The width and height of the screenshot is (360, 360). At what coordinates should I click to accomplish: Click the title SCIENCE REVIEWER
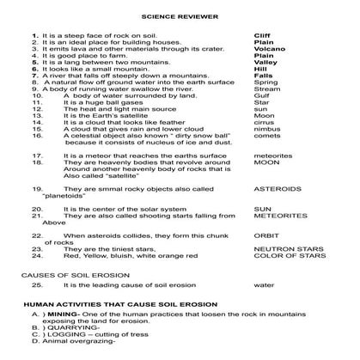[x=180, y=15]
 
